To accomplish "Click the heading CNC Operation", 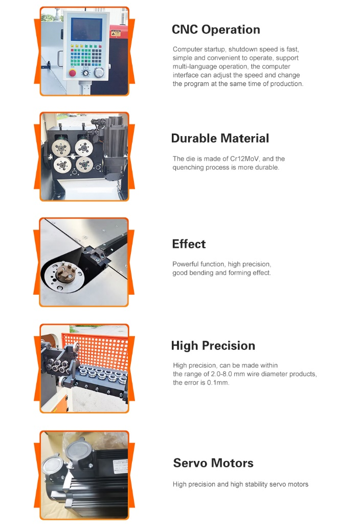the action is click(216, 30).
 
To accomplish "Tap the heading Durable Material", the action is click(220, 138).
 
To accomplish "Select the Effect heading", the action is click(189, 244).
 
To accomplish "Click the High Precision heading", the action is click(213, 345).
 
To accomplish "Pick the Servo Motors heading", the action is click(213, 463).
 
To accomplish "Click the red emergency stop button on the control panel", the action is click(73, 73).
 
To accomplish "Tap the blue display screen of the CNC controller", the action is click(86, 30).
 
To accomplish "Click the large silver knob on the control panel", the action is click(99, 73).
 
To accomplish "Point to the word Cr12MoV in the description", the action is click(244, 159).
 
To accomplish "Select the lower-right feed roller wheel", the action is click(84, 165).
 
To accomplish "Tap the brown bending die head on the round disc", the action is click(64, 271).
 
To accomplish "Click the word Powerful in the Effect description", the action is click(184, 264).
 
